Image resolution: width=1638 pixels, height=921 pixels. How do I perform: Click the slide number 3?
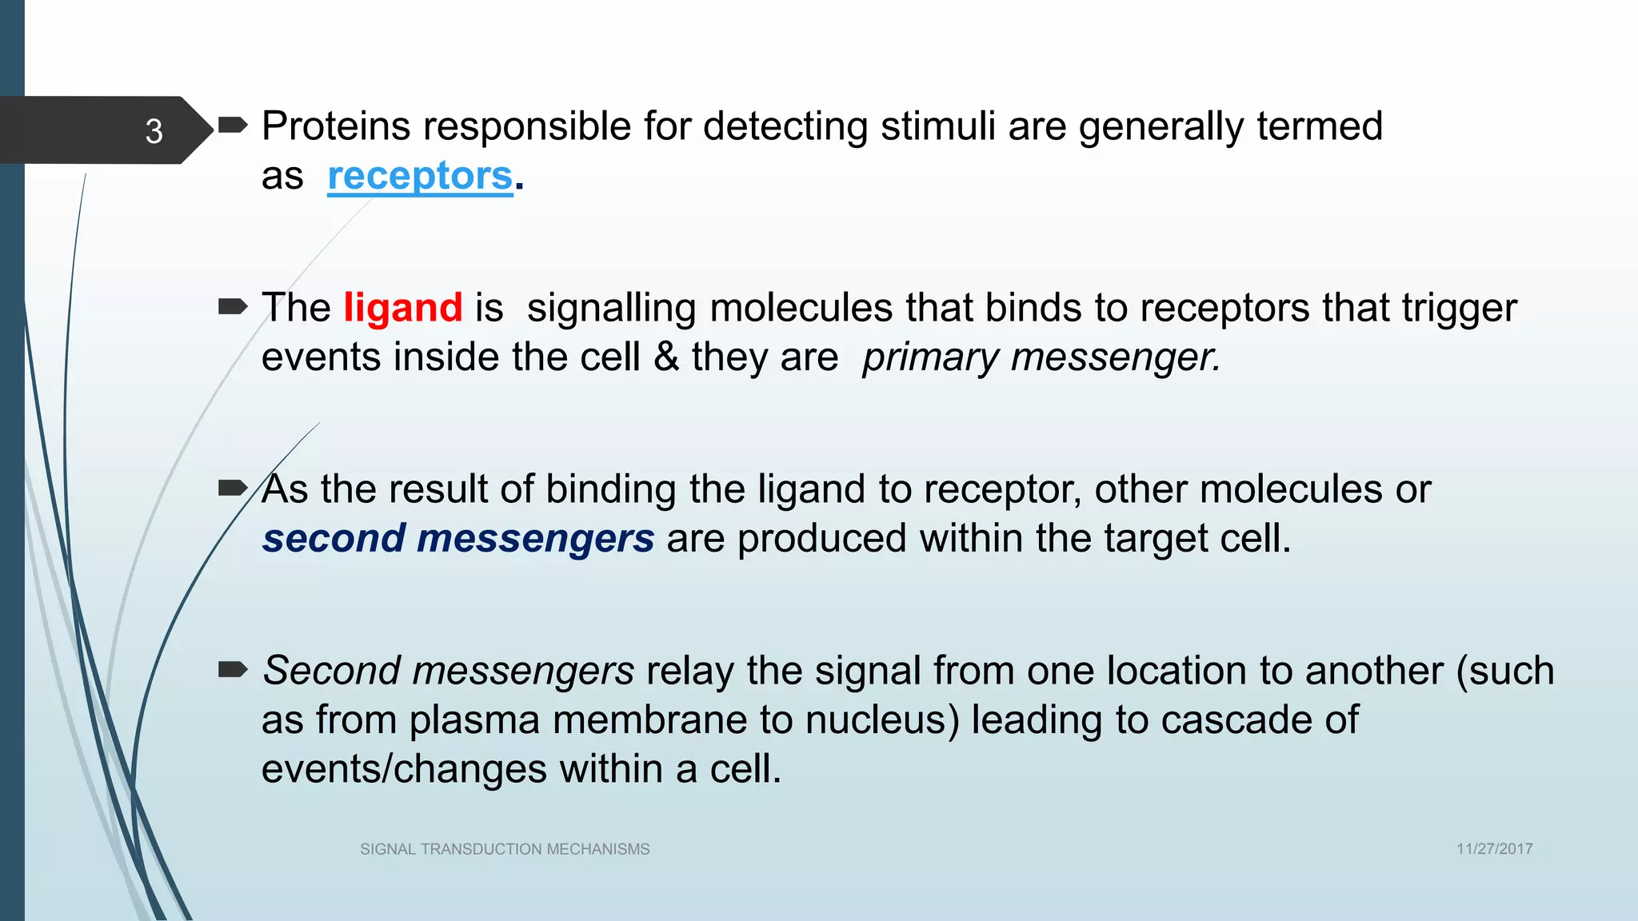[154, 131]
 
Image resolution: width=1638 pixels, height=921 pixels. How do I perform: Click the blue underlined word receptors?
[420, 176]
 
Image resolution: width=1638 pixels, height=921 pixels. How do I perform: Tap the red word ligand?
[403, 308]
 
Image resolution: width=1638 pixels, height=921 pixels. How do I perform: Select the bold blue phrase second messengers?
[458, 538]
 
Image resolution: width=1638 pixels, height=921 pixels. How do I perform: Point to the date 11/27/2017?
[1494, 849]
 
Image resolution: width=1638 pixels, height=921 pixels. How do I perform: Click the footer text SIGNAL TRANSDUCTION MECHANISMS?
[505, 849]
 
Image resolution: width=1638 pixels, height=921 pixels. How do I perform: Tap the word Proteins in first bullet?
[336, 126]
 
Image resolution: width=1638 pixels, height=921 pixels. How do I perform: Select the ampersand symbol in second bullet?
[666, 357]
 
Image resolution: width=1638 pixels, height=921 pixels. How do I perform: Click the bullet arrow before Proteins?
[233, 125]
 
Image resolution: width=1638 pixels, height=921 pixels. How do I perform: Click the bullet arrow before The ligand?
[233, 306]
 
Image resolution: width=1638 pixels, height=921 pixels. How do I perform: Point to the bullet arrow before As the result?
[233, 488]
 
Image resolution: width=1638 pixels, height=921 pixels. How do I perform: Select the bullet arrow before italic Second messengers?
[233, 669]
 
